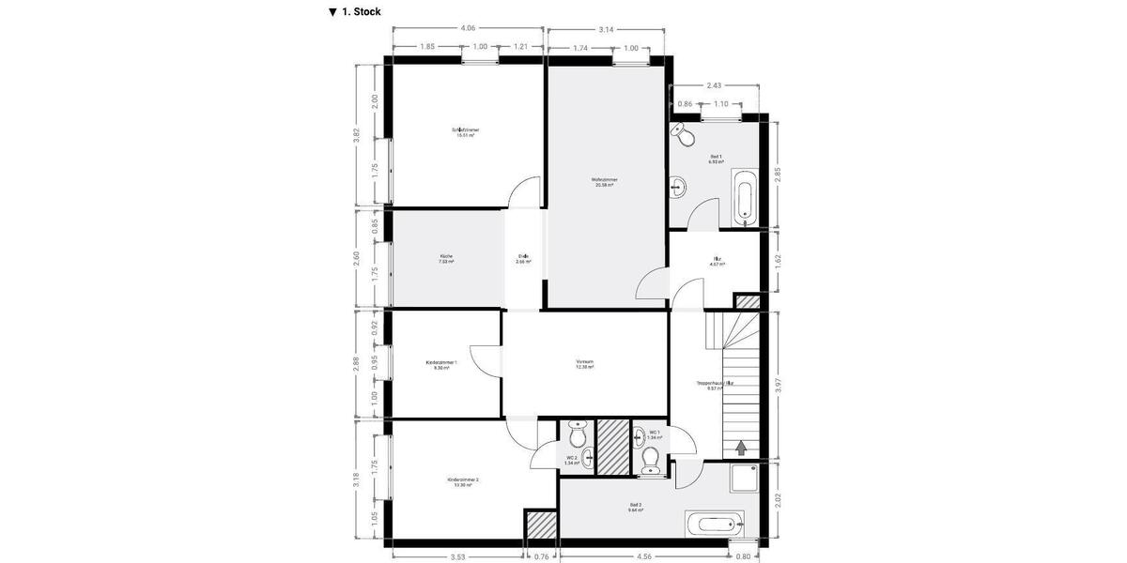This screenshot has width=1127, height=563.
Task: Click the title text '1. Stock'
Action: click(361, 12)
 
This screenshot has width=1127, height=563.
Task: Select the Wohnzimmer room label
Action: click(604, 181)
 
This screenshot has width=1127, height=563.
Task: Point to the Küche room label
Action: click(446, 259)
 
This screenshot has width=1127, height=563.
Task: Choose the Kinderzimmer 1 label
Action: click(441, 364)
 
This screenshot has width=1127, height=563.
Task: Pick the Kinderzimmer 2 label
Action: click(463, 481)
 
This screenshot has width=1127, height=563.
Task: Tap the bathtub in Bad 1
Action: click(744, 198)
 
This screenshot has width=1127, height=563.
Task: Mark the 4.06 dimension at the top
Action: click(468, 28)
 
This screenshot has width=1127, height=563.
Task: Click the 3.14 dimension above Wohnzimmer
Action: click(606, 29)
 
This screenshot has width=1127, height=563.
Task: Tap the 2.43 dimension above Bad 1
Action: click(715, 85)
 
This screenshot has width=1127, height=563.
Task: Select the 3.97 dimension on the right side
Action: click(778, 386)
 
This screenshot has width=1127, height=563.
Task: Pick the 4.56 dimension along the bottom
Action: click(643, 556)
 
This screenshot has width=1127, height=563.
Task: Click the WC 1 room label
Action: click(655, 434)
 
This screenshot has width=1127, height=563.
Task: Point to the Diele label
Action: click(523, 259)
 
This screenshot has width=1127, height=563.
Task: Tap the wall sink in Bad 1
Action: click(678, 188)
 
